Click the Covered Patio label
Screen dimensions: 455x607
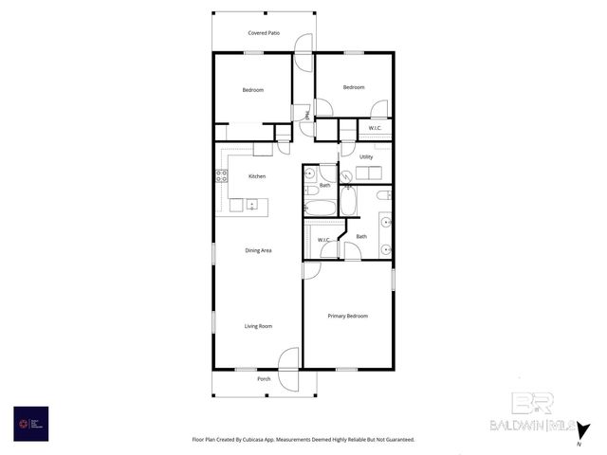pos(264,33)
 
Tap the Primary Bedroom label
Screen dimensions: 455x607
pos(347,316)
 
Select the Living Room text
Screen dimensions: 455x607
pos(258,326)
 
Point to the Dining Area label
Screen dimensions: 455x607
pos(259,250)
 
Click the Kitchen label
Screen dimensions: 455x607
pos(257,176)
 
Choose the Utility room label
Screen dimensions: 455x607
pos(365,156)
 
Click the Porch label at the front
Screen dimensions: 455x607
pos(264,379)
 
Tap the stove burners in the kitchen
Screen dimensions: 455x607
pos(221,175)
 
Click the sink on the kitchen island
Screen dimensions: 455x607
pos(251,205)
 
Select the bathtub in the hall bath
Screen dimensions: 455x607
pos(320,207)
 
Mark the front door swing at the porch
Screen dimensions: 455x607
pos(290,360)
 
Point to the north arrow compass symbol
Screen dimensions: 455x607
pos(584,431)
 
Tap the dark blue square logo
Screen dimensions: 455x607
pos(30,423)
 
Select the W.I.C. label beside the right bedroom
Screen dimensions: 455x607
pos(375,128)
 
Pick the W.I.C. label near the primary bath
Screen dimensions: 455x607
pos(323,240)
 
